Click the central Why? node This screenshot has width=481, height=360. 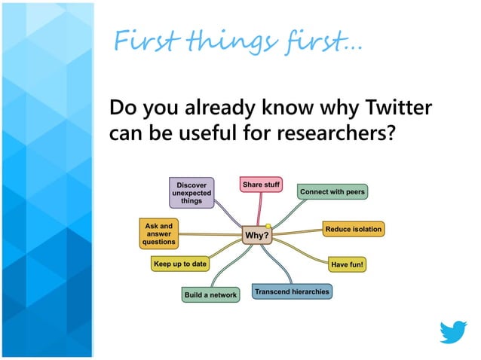tap(256, 236)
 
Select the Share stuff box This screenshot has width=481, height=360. tap(261, 185)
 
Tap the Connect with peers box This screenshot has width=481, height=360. tap(332, 192)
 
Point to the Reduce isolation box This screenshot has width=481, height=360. tap(353, 228)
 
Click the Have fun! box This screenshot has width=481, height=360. tap(348, 264)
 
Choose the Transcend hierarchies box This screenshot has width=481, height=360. tap(292, 291)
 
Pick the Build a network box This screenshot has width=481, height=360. tap(210, 294)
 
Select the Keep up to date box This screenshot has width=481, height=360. tap(179, 264)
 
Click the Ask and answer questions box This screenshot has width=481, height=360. tap(159, 234)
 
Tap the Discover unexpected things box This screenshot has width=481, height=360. tap(191, 192)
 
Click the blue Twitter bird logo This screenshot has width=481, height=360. tap(453, 332)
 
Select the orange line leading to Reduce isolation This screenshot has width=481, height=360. tap(298, 231)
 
